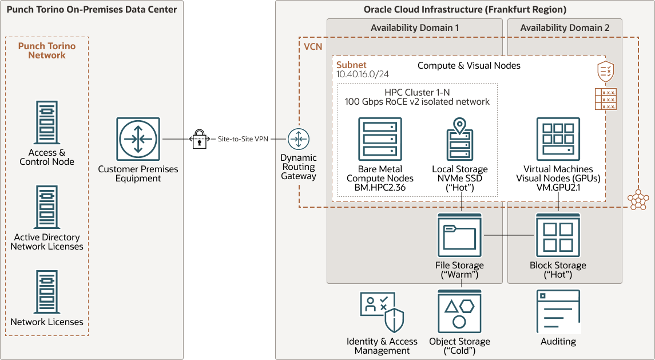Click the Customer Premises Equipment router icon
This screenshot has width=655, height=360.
(x=138, y=139)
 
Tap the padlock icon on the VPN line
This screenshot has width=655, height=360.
(x=200, y=139)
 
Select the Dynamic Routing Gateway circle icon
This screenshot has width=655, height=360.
(x=298, y=139)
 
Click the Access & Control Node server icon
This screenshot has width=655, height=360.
(x=47, y=122)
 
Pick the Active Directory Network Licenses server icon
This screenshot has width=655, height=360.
(x=47, y=207)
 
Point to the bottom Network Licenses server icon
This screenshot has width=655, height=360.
(x=47, y=292)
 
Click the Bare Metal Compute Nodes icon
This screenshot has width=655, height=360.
(x=380, y=139)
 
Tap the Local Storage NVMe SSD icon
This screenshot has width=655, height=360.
(x=459, y=139)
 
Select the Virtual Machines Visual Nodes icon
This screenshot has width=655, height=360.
(x=558, y=139)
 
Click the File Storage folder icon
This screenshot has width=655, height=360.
(x=459, y=235)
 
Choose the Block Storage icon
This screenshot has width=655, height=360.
(x=558, y=235)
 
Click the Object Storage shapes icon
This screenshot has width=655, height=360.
(x=459, y=311)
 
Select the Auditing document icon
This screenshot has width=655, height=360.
(x=558, y=311)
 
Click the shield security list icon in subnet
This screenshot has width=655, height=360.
(x=606, y=72)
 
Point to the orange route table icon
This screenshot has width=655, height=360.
(x=606, y=99)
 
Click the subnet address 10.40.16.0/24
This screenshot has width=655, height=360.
(x=363, y=74)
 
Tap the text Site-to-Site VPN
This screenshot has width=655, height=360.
(x=243, y=139)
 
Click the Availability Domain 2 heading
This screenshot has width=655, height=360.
(x=565, y=28)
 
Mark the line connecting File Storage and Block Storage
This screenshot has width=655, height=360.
(x=509, y=235)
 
